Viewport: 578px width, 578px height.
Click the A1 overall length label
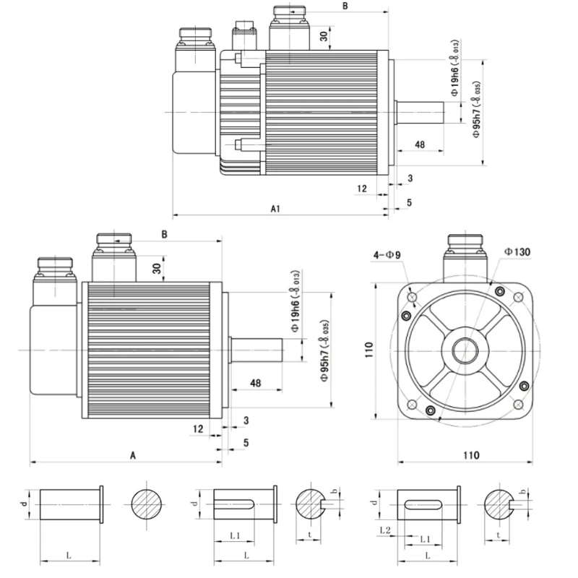point(275,209)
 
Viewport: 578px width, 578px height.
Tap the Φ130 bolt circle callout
point(517,251)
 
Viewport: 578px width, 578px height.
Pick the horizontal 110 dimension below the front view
point(470,455)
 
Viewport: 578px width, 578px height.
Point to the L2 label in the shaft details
point(385,530)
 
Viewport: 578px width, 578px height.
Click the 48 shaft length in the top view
point(419,144)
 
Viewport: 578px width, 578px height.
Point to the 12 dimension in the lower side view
point(198,428)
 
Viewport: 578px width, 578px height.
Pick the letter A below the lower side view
point(132,455)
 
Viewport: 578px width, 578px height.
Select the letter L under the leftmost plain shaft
point(68,555)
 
